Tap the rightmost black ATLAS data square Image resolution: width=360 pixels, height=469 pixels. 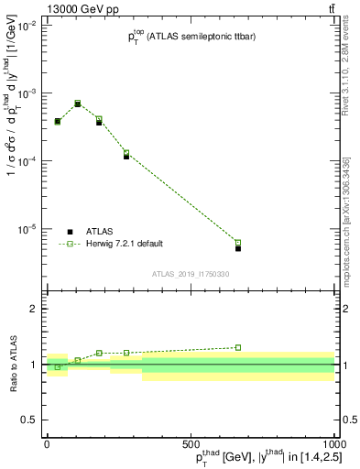click(238, 248)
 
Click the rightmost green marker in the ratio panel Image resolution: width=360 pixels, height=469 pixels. click(238, 347)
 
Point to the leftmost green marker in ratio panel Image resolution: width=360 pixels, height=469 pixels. click(58, 366)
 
